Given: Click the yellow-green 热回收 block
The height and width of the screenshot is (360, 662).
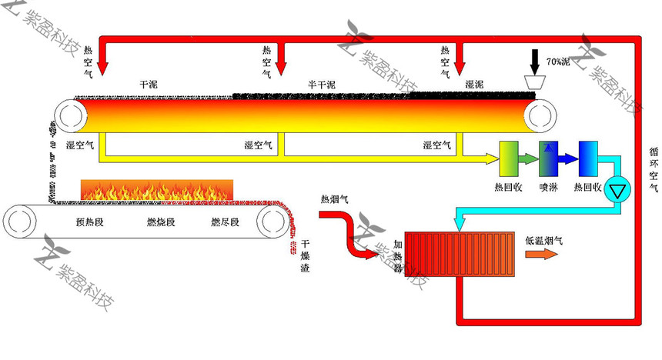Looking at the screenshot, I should coord(509,159).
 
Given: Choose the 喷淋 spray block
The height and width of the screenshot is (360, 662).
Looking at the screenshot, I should coord(548,159).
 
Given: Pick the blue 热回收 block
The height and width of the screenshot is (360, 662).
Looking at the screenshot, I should coord(588,159).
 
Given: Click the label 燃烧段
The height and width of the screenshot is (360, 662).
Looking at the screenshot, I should coord(161,223).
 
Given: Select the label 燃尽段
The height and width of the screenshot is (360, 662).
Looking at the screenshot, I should coord(225,223).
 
